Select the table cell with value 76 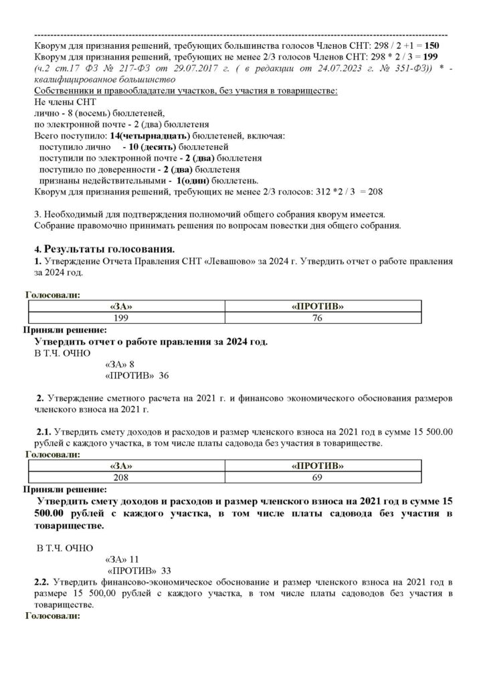(x=322, y=318)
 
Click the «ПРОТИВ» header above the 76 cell (x=322, y=306)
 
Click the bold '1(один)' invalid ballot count (x=193, y=181)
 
